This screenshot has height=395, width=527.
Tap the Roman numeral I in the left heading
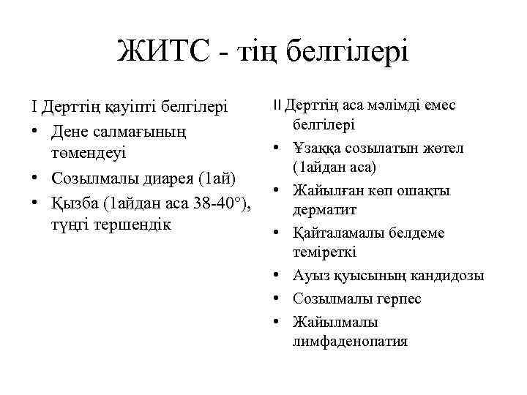click(x=34, y=108)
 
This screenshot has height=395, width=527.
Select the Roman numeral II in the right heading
click(x=277, y=105)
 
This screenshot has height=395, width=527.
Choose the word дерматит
click(x=325, y=211)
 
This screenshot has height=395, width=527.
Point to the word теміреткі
click(x=324, y=252)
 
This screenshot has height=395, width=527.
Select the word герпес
click(x=401, y=298)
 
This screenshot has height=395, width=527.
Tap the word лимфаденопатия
click(x=350, y=341)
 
